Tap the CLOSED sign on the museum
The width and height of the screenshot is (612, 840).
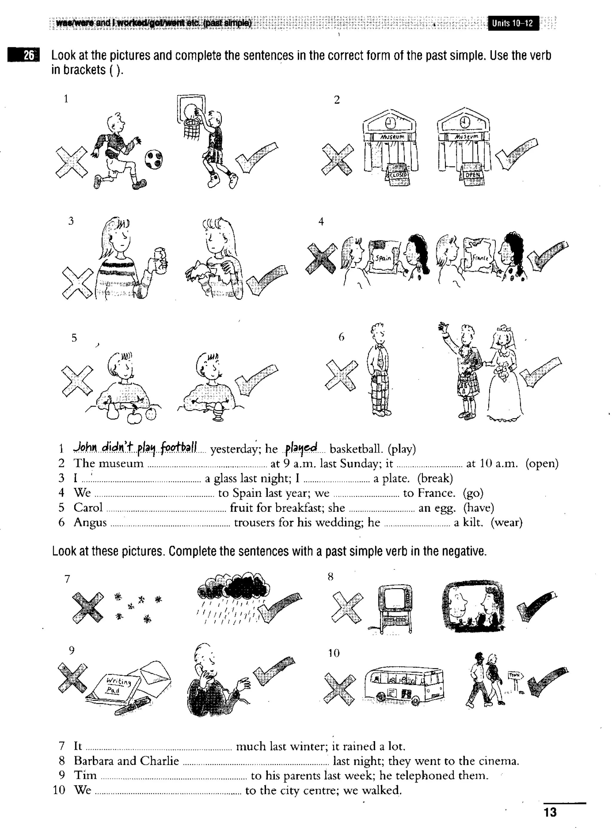click(398, 175)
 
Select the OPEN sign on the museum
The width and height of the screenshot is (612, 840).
click(472, 175)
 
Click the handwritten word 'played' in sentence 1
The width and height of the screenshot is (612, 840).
click(301, 448)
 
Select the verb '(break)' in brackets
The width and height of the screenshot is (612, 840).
click(435, 478)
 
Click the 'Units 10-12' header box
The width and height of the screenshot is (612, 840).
click(513, 23)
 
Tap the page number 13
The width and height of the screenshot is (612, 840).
click(550, 812)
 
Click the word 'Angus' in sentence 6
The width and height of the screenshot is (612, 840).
click(90, 522)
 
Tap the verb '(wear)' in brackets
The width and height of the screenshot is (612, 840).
click(507, 522)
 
